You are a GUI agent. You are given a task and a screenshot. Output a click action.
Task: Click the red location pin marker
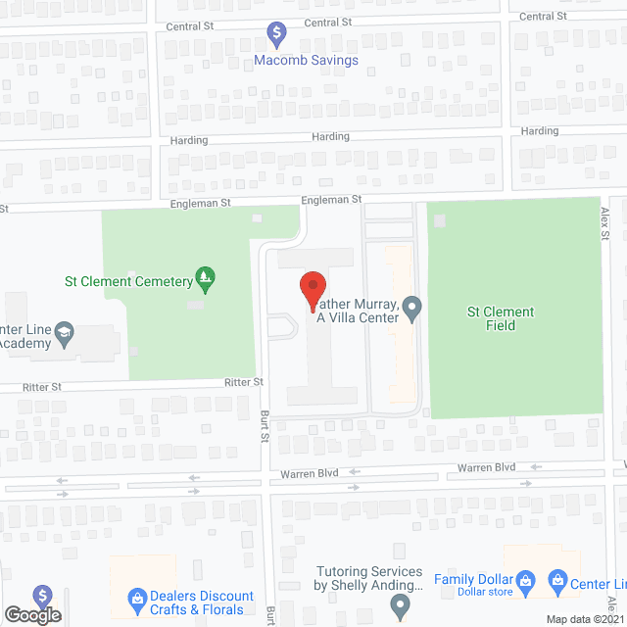(313, 291)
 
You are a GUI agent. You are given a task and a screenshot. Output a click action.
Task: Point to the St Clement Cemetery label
(128, 282)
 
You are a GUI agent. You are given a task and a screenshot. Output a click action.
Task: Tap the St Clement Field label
(501, 318)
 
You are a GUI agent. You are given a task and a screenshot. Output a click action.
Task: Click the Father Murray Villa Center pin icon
(412, 311)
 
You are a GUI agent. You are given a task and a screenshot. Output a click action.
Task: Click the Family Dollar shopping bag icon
(525, 579)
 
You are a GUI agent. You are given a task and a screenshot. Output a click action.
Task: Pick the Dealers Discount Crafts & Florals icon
(138, 596)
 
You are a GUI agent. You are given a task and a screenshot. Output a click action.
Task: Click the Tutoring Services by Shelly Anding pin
(400, 607)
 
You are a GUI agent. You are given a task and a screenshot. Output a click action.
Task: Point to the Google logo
(31, 615)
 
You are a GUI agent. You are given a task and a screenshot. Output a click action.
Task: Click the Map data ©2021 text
(585, 619)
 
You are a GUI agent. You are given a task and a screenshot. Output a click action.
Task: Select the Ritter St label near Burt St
(244, 382)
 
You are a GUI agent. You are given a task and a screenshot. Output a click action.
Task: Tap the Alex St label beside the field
(605, 221)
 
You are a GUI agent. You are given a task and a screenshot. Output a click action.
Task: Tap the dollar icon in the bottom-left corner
(42, 596)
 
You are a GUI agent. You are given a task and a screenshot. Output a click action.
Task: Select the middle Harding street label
(330, 137)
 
